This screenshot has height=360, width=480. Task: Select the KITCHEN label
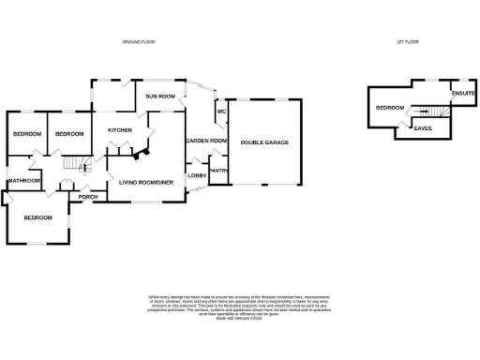[120, 129]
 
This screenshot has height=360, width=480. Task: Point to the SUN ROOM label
[160, 96]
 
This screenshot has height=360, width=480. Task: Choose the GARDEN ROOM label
[205, 141]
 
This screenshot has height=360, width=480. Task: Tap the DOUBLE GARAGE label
[264, 142]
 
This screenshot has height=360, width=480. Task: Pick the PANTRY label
[218, 170]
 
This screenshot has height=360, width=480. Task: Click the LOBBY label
[197, 175]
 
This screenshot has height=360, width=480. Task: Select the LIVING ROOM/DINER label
[145, 170]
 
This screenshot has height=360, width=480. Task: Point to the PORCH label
[88, 197]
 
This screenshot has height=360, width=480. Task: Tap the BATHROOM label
[24, 180]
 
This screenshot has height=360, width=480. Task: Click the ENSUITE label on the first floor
[463, 94]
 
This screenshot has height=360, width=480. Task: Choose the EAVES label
[423, 127]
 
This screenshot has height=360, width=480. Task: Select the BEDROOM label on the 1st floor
[389, 108]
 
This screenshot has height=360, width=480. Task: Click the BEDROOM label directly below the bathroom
[38, 217]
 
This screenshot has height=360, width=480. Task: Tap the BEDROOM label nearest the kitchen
[69, 134]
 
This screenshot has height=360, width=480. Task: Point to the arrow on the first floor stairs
[434, 111]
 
